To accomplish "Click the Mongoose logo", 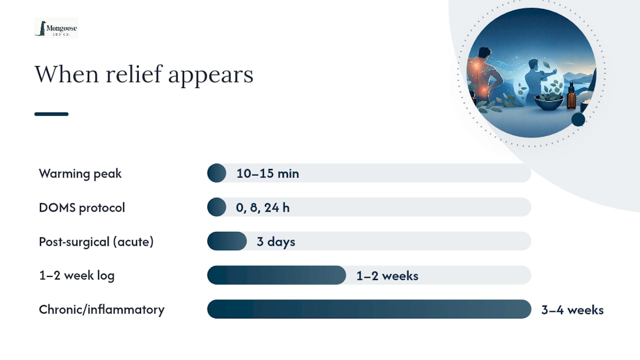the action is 56,28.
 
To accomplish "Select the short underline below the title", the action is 51,114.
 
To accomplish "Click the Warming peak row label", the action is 80,173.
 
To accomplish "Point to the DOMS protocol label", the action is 81,207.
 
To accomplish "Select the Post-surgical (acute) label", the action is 96,241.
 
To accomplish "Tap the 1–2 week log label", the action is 76,275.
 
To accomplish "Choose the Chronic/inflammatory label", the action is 101,309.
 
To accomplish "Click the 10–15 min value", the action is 267,173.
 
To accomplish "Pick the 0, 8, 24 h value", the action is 262,207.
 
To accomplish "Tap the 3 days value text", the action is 275,241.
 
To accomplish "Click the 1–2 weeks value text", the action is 387,275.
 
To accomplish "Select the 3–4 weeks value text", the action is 572,309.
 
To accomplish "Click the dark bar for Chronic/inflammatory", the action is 369,309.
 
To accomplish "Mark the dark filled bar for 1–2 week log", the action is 276,275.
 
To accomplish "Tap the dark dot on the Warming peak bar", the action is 216,173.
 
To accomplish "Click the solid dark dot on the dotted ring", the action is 578,119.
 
